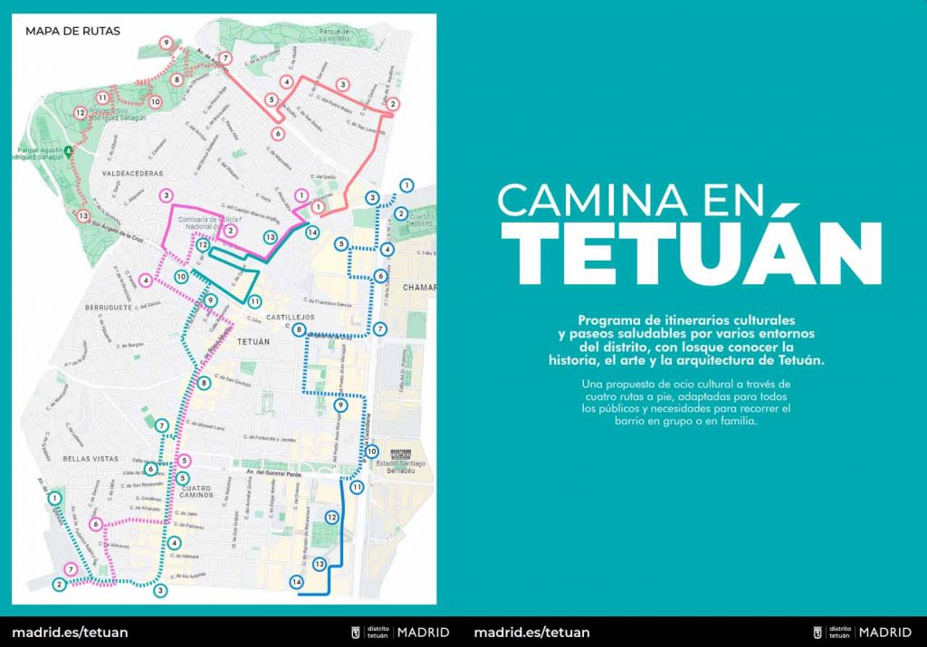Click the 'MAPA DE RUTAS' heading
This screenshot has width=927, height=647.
point(72,31)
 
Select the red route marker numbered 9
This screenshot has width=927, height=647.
point(166,43)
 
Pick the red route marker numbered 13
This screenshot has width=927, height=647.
point(83,215)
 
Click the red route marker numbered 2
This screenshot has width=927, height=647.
point(392,104)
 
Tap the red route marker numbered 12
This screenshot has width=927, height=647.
point(80,112)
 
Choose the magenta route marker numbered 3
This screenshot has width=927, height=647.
point(166,195)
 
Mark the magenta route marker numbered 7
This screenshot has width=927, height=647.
point(72,568)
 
